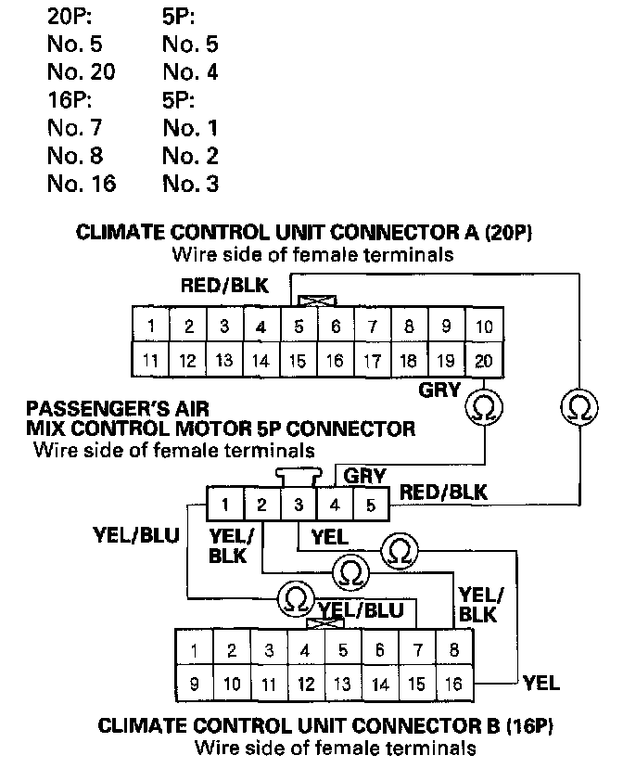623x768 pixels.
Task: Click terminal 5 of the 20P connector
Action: coord(298,326)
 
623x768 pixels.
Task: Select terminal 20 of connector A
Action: coord(482,361)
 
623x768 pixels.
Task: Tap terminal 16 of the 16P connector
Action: coord(453,685)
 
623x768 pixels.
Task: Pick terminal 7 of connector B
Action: coord(417,650)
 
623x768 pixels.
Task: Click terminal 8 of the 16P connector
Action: coord(453,650)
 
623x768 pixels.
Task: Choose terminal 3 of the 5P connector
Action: coord(299,506)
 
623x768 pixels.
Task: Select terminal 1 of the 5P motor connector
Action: coord(225,506)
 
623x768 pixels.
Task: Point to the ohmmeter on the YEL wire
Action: coord(400,549)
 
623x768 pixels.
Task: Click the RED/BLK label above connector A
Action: coord(224,286)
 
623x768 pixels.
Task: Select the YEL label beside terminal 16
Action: coord(542,684)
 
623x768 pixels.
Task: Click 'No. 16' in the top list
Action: coord(82,184)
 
